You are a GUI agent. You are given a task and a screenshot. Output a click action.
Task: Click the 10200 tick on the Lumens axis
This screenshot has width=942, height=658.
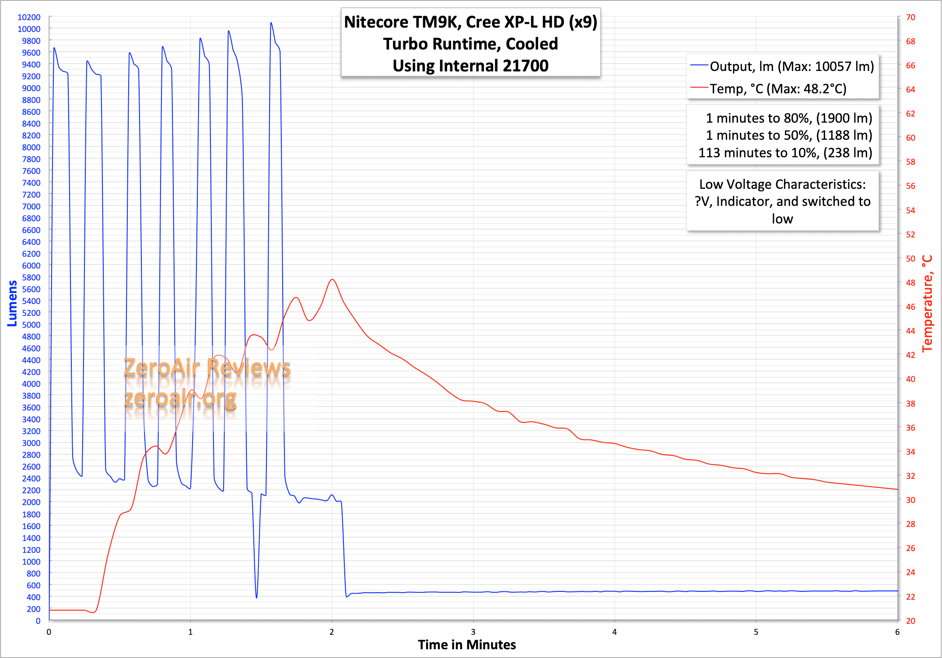pyautogui.click(x=29, y=17)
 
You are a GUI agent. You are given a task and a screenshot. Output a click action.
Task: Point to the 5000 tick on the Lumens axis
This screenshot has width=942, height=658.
pyautogui.click(x=31, y=325)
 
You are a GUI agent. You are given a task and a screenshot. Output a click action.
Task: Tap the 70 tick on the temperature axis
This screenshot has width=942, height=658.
pyautogui.click(x=910, y=17)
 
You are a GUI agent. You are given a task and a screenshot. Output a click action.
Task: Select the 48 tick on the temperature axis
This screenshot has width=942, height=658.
pyautogui.click(x=910, y=283)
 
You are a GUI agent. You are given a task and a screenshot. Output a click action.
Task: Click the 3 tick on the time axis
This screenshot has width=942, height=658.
pyautogui.click(x=473, y=632)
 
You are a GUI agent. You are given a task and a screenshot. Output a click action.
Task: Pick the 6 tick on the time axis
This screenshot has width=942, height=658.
pyautogui.click(x=897, y=632)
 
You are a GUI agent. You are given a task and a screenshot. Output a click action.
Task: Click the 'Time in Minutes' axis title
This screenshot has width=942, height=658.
pyautogui.click(x=467, y=645)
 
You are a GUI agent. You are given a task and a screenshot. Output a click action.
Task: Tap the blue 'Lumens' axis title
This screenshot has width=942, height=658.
pyautogui.click(x=12, y=303)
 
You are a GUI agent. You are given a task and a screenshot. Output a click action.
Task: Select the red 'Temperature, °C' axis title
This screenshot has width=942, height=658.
pyautogui.click(x=928, y=303)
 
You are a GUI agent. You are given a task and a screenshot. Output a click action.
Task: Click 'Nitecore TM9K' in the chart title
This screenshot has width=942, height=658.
pyautogui.click(x=401, y=22)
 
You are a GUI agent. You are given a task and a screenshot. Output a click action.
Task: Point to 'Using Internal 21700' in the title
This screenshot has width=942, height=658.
pyautogui.click(x=470, y=66)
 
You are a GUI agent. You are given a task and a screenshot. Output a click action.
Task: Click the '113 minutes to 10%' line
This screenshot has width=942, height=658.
pyautogui.click(x=785, y=152)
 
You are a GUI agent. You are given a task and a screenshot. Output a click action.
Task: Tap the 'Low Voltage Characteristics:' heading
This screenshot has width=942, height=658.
pyautogui.click(x=782, y=184)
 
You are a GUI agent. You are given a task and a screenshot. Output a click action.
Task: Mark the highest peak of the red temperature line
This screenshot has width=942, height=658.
pyautogui.click(x=333, y=279)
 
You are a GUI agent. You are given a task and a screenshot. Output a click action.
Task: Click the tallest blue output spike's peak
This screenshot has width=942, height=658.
pyautogui.click(x=271, y=23)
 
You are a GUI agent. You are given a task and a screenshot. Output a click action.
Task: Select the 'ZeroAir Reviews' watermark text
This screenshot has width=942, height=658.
pyautogui.click(x=207, y=367)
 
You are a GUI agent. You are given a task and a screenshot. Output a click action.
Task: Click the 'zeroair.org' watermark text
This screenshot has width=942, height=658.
pyautogui.click(x=180, y=398)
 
